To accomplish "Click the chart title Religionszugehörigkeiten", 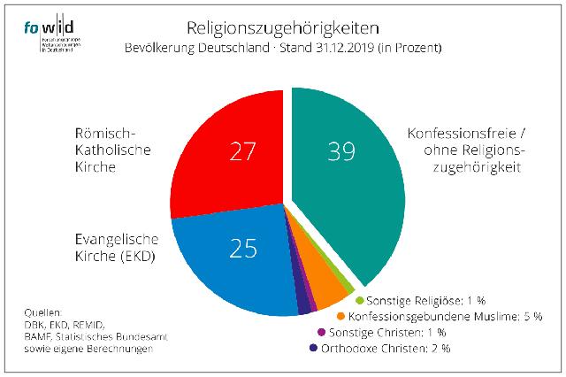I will [x=283, y=27].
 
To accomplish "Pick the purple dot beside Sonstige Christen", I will [x=320, y=332].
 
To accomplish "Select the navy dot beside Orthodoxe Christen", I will [x=312, y=348].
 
